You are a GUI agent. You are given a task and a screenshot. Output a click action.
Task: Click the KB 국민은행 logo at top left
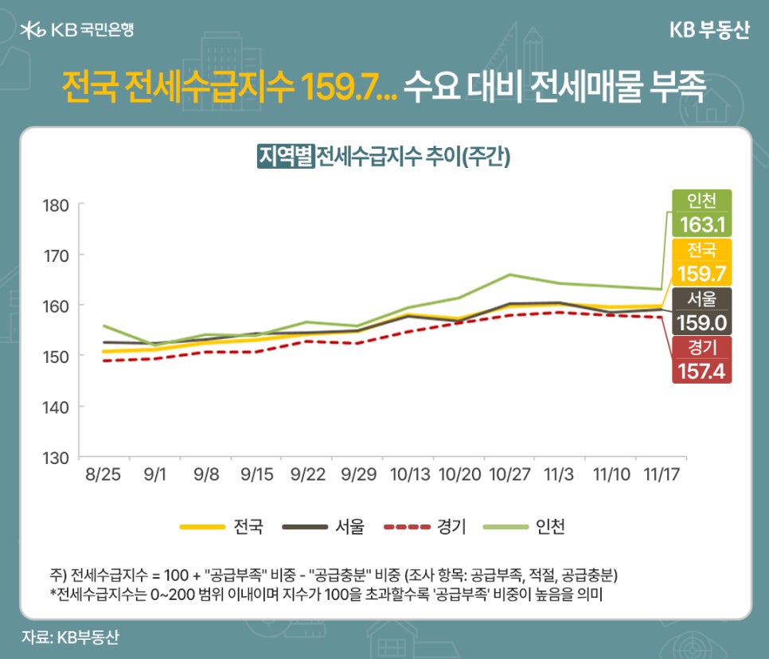76,29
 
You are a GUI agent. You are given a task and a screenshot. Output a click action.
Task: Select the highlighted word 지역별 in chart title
285,155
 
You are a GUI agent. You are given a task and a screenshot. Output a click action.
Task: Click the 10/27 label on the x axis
509,475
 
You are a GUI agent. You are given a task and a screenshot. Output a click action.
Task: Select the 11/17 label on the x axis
662,475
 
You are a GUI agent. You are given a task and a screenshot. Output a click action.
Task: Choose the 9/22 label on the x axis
306,475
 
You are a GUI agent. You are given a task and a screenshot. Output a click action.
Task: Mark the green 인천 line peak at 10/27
509,275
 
